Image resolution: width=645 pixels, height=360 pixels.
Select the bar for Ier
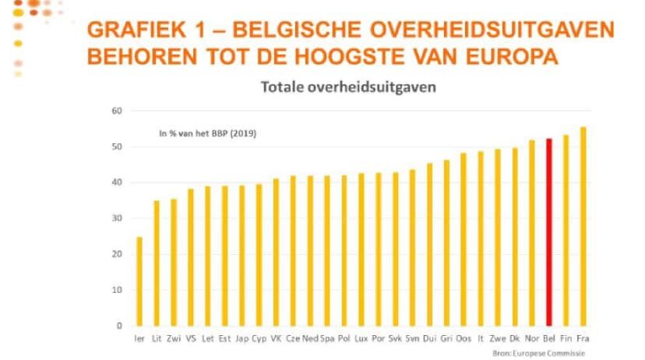click(x=139, y=281)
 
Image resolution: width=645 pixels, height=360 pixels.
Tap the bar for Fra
click(x=583, y=226)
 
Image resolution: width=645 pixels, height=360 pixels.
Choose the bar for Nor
click(x=532, y=233)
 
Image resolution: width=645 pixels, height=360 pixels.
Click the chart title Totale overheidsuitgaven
click(x=347, y=87)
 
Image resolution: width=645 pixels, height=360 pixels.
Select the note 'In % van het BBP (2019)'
click(x=208, y=133)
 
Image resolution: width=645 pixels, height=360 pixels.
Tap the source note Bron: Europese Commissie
click(x=537, y=353)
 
